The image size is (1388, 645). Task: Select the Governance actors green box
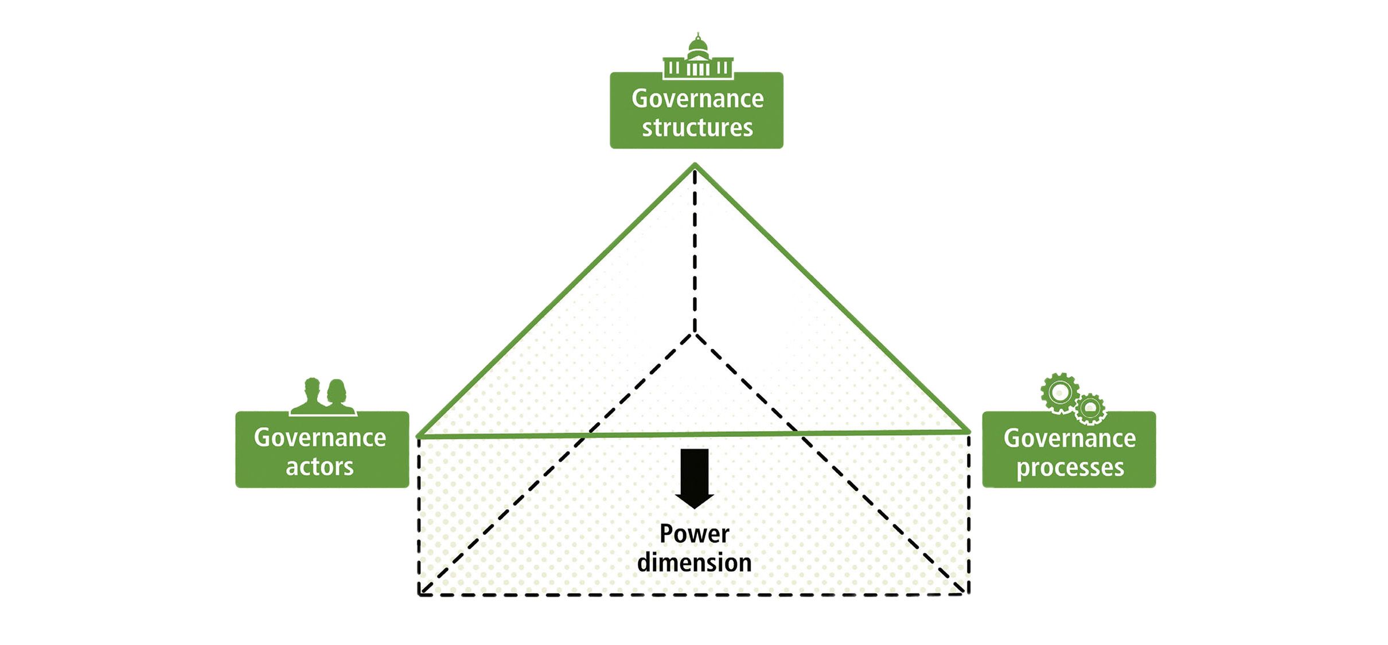(322, 449)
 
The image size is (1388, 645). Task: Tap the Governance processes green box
(1069, 449)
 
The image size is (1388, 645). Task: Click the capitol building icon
(697, 57)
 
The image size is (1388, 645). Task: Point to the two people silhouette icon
(323, 397)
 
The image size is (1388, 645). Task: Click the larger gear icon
(1060, 393)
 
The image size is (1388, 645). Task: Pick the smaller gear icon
(1090, 409)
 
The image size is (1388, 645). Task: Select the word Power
(694, 534)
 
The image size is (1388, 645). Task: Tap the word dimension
(694, 563)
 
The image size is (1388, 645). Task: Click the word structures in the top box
(697, 127)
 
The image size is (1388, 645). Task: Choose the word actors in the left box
(319, 467)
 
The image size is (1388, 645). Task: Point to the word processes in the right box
(1070, 468)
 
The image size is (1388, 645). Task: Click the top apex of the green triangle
(695, 165)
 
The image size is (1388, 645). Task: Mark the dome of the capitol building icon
(697, 46)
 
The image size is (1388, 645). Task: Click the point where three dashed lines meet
(695, 333)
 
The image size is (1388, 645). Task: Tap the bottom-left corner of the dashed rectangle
(419, 595)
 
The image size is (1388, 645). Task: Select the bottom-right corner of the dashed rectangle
(969, 594)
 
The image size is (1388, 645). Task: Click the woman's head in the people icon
(336, 390)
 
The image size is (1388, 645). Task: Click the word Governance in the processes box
(1070, 439)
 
